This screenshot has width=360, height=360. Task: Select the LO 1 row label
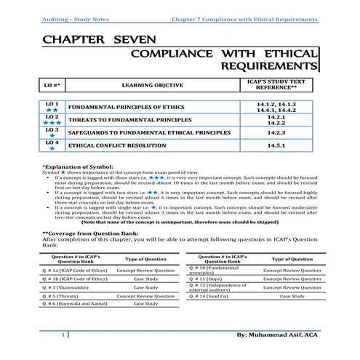coord(51,104)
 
